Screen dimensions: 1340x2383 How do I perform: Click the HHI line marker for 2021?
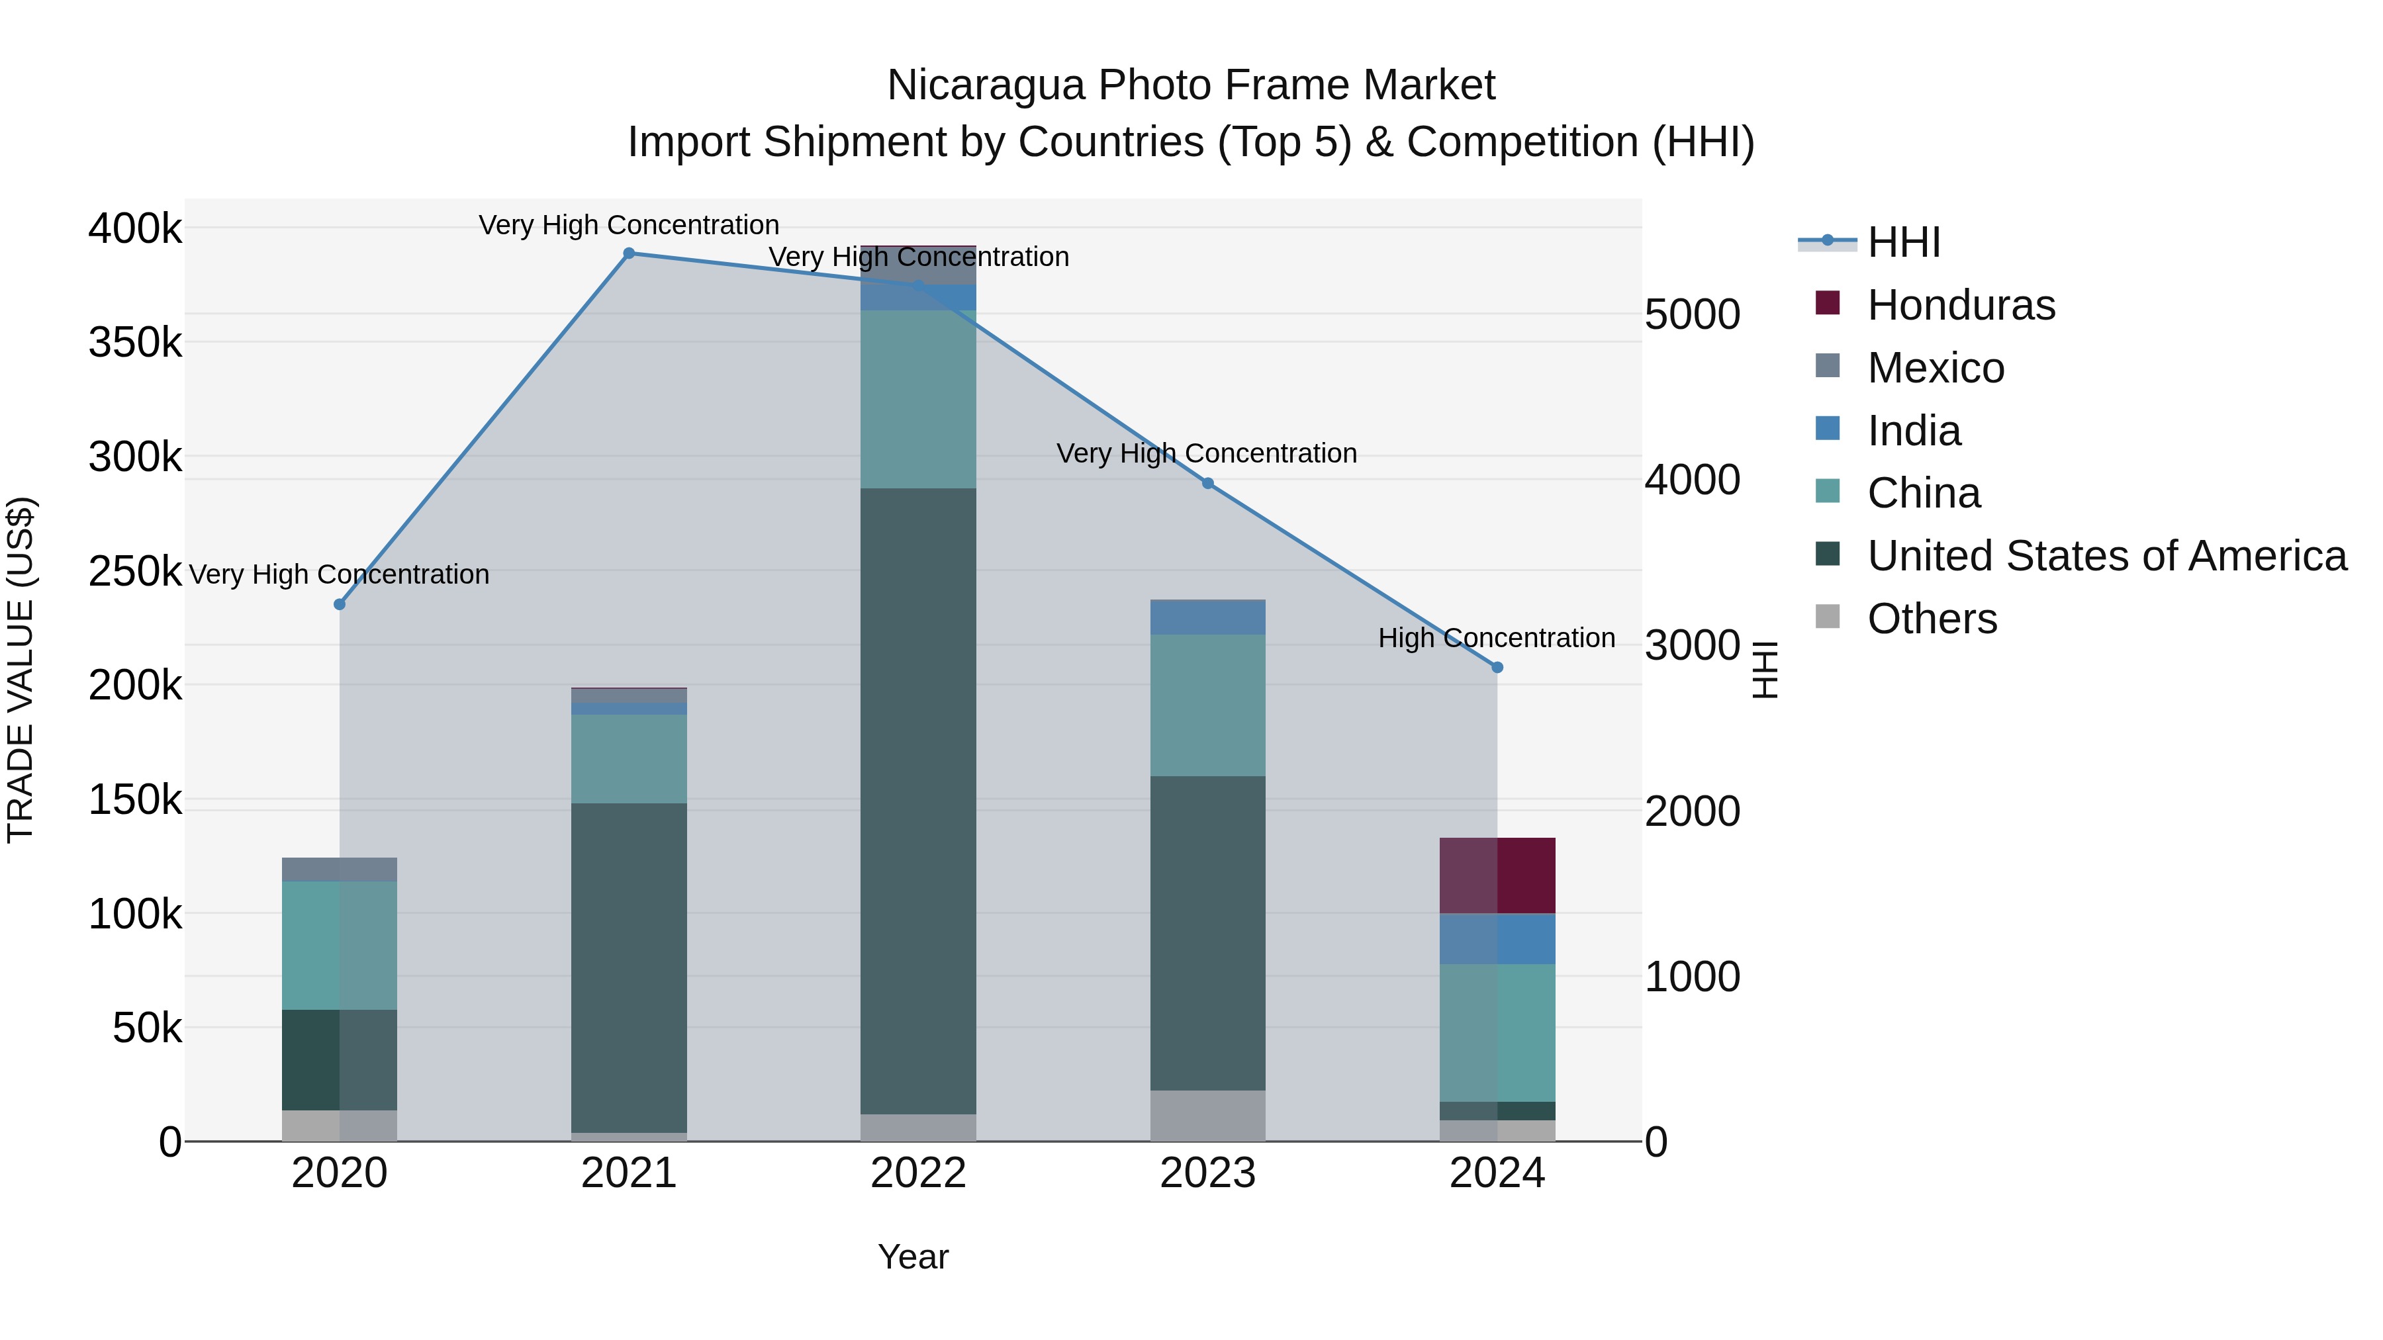pyautogui.click(x=629, y=253)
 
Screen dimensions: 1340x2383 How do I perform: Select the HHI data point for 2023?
pyautogui.click(x=1207, y=484)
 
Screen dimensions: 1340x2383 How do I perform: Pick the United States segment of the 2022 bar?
pyautogui.click(x=917, y=800)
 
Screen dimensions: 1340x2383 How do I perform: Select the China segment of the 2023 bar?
pyautogui.click(x=1207, y=705)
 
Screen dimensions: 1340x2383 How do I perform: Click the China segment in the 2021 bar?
pyautogui.click(x=629, y=758)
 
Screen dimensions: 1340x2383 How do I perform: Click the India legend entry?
pyautogui.click(x=1913, y=431)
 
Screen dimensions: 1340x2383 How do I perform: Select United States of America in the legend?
pyautogui.click(x=2106, y=556)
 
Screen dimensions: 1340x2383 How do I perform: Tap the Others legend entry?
pyautogui.click(x=1932, y=619)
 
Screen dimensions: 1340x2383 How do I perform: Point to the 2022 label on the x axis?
pyautogui.click(x=917, y=1173)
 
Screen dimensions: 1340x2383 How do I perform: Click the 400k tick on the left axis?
pyautogui.click(x=135, y=228)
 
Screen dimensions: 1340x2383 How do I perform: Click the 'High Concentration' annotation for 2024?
pyautogui.click(x=1496, y=638)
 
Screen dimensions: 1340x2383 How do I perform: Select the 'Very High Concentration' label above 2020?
pyautogui.click(x=338, y=574)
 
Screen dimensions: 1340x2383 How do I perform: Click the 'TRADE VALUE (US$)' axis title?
pyautogui.click(x=21, y=670)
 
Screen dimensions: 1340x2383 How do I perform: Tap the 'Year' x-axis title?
pyautogui.click(x=913, y=1257)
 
